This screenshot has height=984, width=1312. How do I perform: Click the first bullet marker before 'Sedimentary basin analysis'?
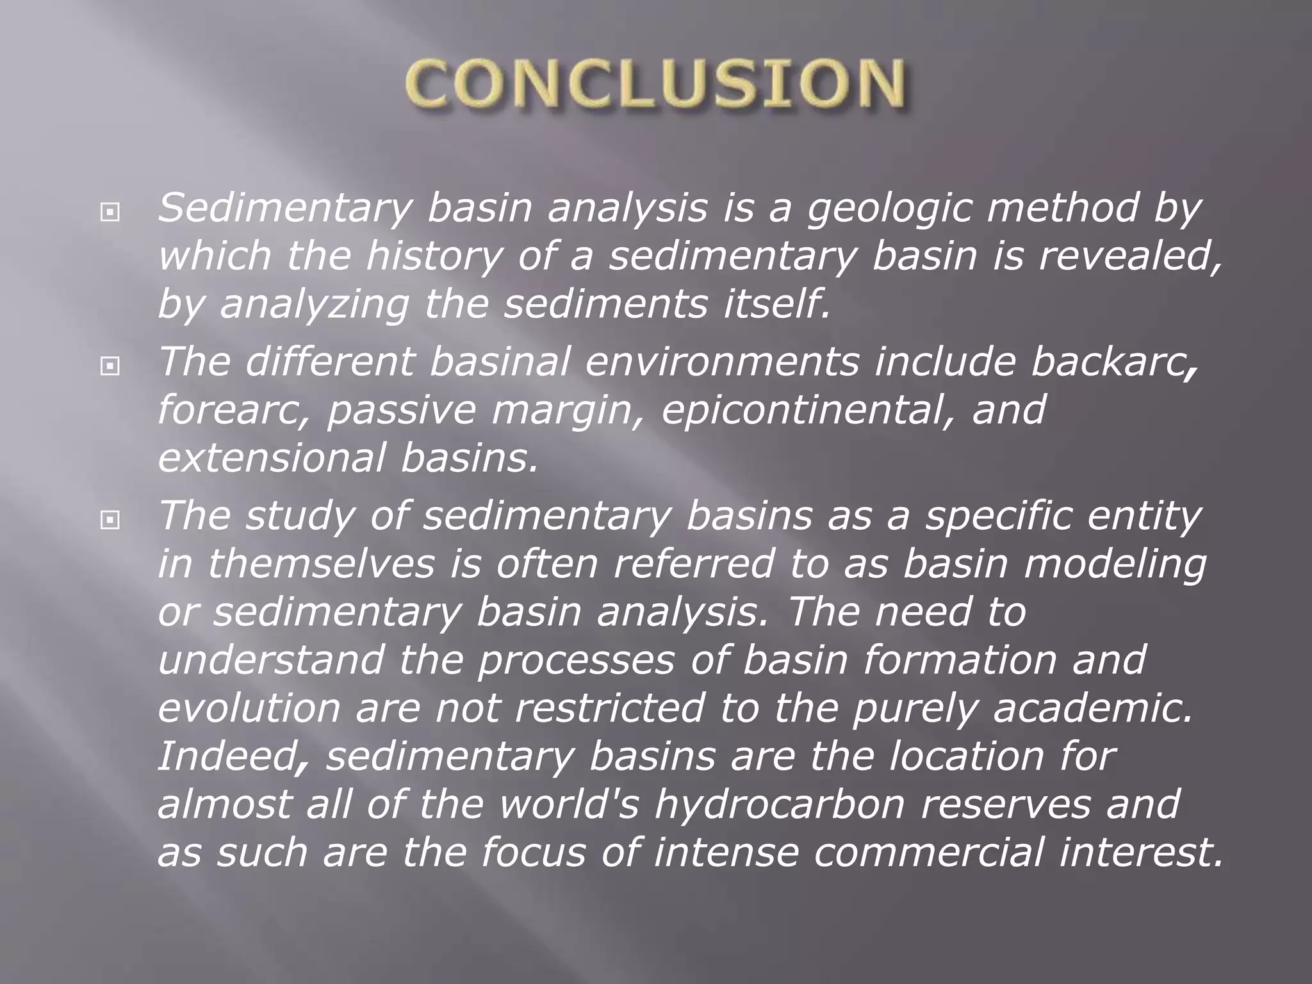(x=110, y=211)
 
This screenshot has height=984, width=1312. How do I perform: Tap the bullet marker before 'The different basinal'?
(x=110, y=366)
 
